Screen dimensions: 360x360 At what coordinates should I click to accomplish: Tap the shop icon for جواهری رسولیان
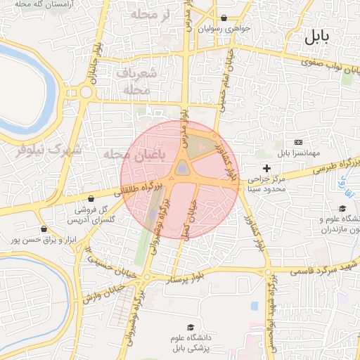coord(224,18)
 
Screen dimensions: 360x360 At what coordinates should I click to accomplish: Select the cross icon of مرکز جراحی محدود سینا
coord(266,167)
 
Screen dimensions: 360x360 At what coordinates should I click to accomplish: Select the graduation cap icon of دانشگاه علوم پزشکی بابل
coord(190,328)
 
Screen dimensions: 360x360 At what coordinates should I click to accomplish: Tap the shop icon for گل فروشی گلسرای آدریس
coord(93,198)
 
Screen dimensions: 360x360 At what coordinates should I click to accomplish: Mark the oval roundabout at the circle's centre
coord(182,168)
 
